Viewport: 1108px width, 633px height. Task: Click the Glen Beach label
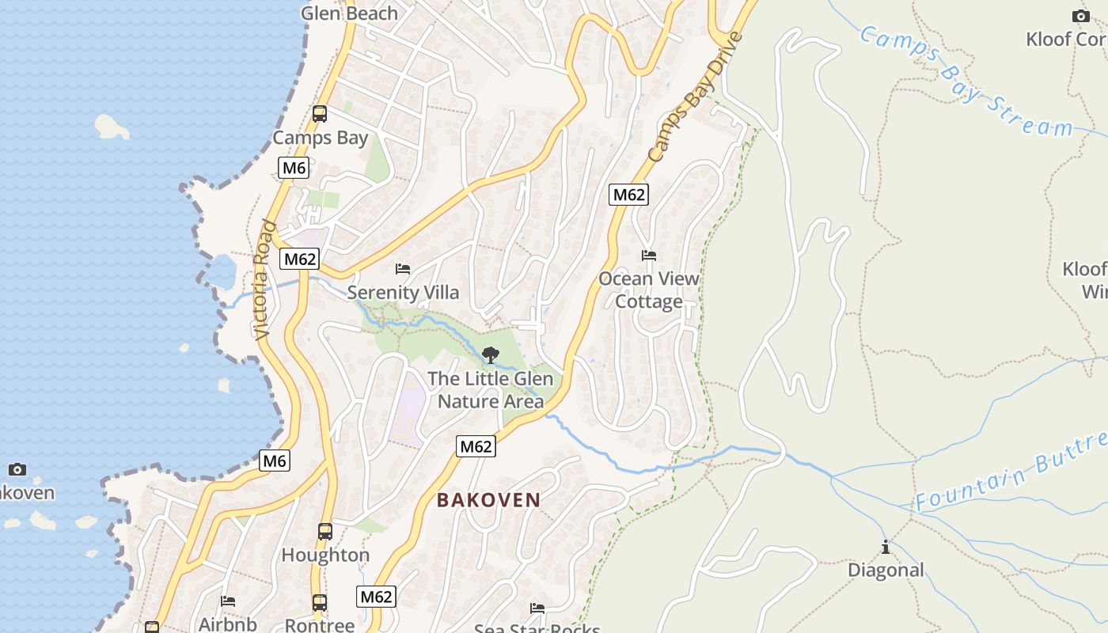(349, 13)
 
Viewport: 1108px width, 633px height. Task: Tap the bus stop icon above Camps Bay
(320, 114)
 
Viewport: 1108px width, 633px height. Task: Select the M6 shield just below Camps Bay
(294, 168)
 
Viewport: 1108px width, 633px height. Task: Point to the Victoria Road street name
(265, 280)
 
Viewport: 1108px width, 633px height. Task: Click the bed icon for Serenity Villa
(403, 269)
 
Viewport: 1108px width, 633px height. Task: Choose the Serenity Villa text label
(403, 293)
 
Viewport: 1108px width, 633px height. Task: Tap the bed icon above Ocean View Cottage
(649, 256)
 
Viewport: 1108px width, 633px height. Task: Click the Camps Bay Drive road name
(696, 97)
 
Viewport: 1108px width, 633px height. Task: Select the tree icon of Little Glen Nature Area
(491, 354)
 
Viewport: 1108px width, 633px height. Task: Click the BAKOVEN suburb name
(488, 500)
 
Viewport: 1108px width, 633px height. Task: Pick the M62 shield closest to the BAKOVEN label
(476, 446)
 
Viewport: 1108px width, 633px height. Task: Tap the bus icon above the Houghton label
(325, 532)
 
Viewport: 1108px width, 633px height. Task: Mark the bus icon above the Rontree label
(320, 603)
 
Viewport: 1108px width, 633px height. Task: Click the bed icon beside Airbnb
(228, 601)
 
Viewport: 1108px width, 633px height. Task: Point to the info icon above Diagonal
(885, 547)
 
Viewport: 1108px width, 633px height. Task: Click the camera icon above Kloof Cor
(1080, 16)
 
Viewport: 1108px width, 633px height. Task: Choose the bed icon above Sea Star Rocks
(537, 608)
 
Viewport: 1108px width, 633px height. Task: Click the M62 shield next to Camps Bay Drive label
(628, 195)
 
